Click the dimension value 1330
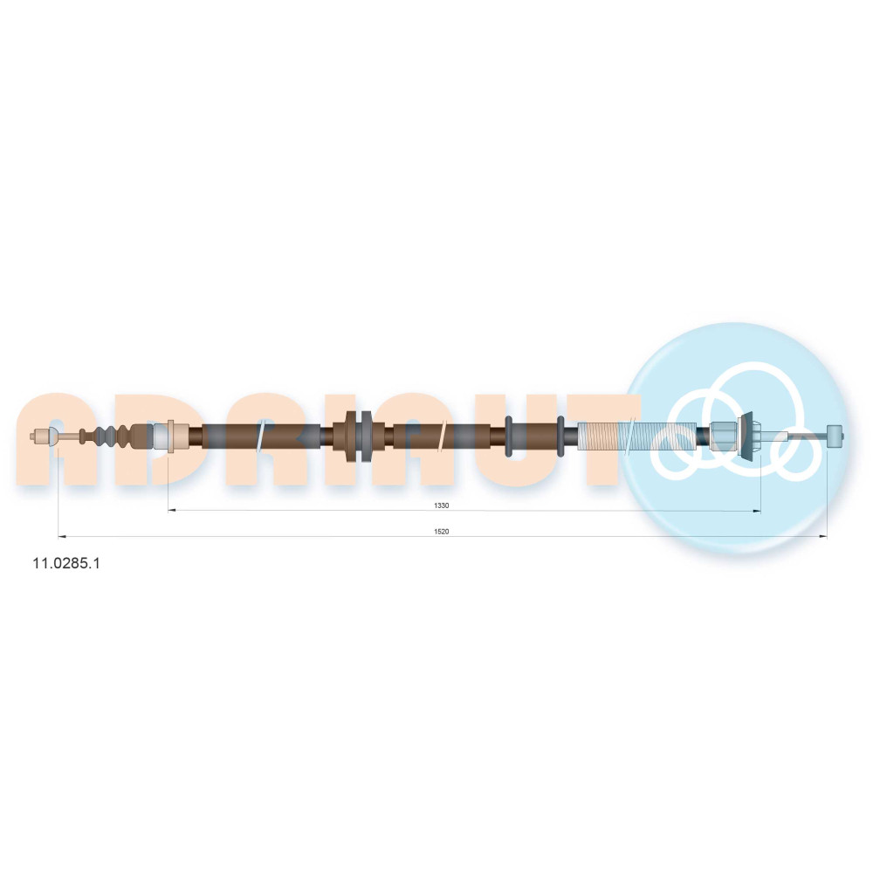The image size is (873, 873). pyautogui.click(x=441, y=505)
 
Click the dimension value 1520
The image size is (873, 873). pyautogui.click(x=441, y=532)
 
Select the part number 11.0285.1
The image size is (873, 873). pyautogui.click(x=66, y=563)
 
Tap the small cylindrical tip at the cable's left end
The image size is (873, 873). pyautogui.click(x=40, y=436)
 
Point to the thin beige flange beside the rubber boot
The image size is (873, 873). pyautogui.click(x=170, y=436)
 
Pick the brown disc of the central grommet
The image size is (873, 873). pyautogui.click(x=351, y=436)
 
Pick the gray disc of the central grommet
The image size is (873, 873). pyautogui.click(x=365, y=436)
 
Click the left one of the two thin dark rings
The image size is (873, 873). pyautogui.click(x=508, y=436)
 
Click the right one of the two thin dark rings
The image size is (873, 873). pyautogui.click(x=560, y=436)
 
